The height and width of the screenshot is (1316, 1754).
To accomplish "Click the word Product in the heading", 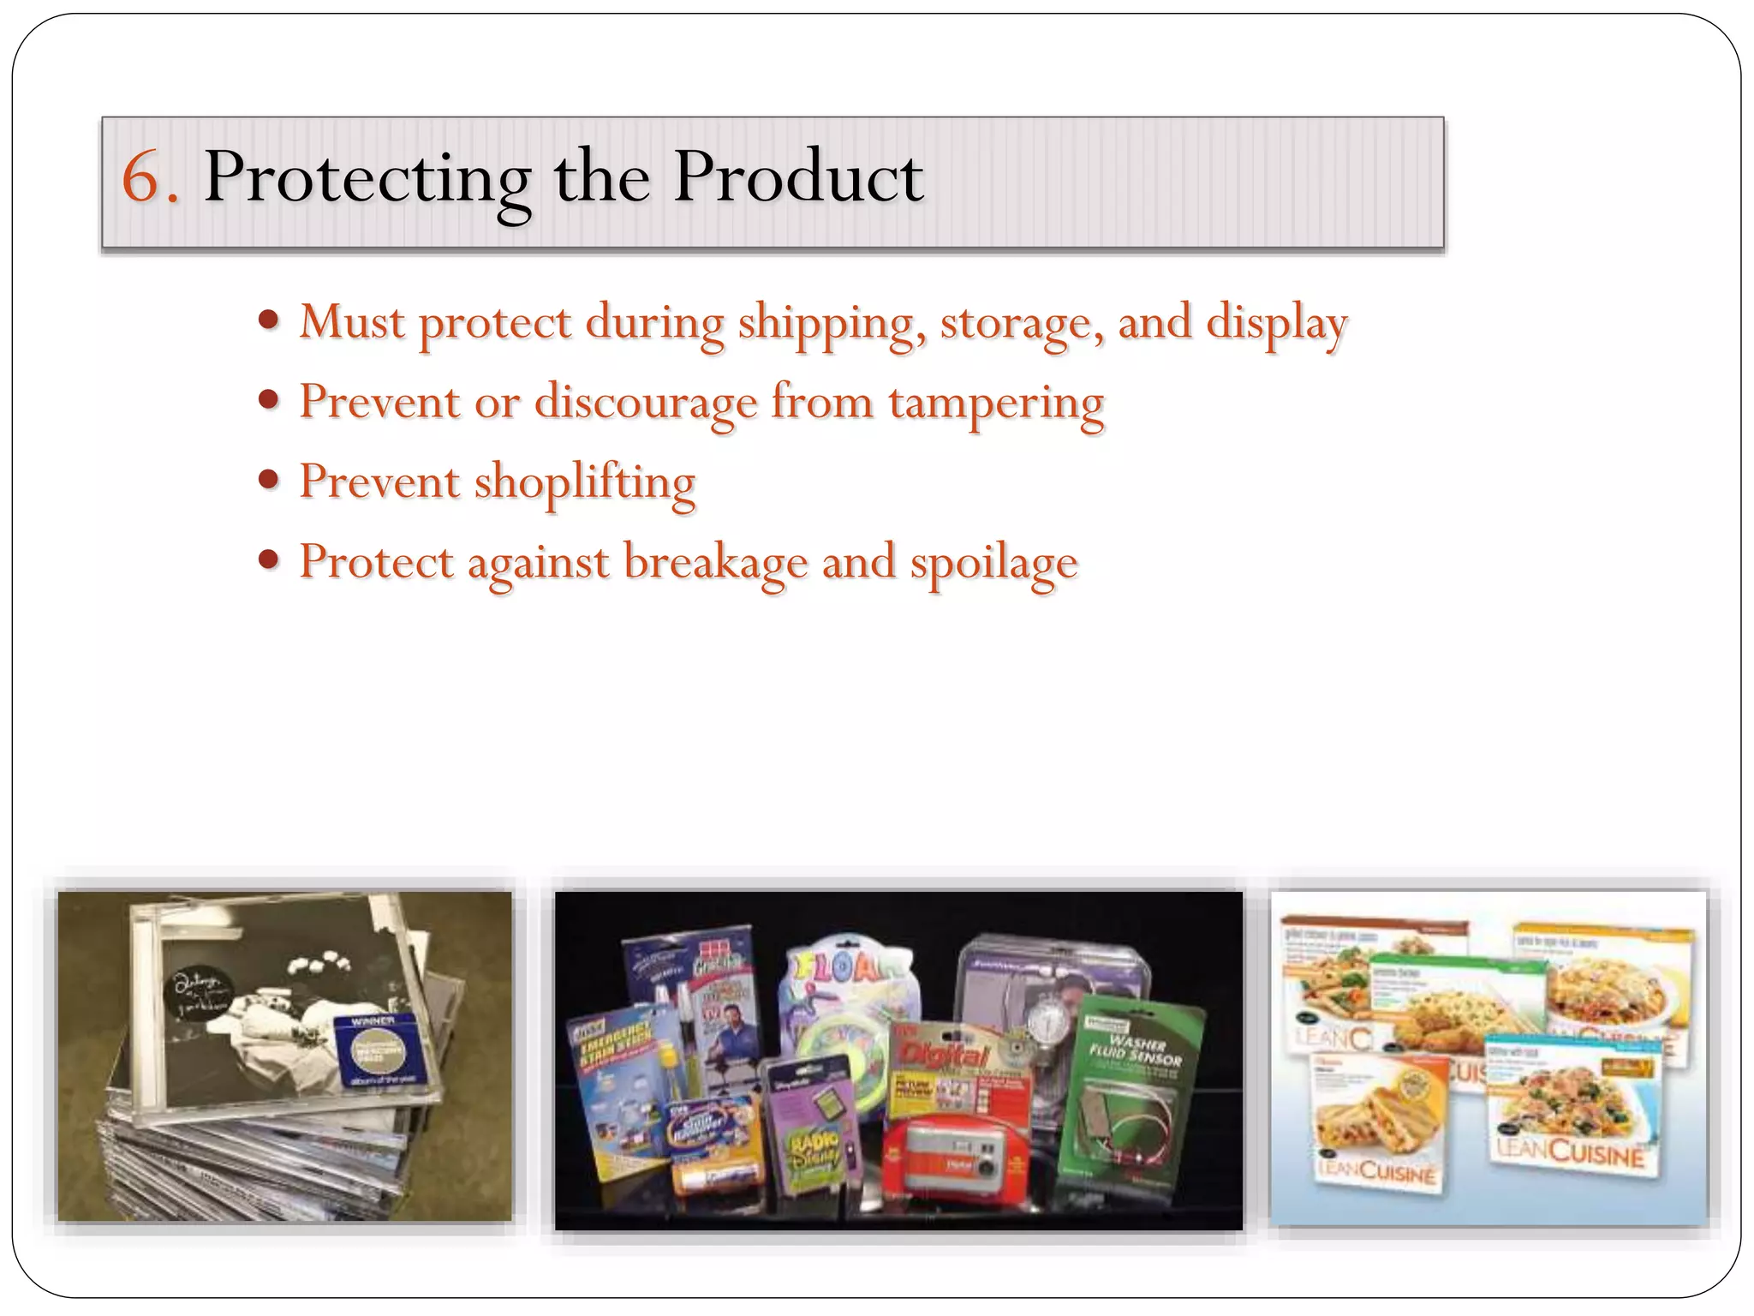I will coord(797,177).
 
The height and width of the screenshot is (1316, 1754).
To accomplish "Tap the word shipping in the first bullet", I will coord(832,324).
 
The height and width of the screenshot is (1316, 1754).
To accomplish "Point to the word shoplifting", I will coord(584,482).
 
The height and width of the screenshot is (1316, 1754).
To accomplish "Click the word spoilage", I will coord(993,563).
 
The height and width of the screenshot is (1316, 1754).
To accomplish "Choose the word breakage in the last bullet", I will coord(715,563).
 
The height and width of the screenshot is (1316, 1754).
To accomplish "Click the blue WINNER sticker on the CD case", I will coord(373,1050).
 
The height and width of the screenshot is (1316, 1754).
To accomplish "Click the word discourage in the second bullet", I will coord(646,404).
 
